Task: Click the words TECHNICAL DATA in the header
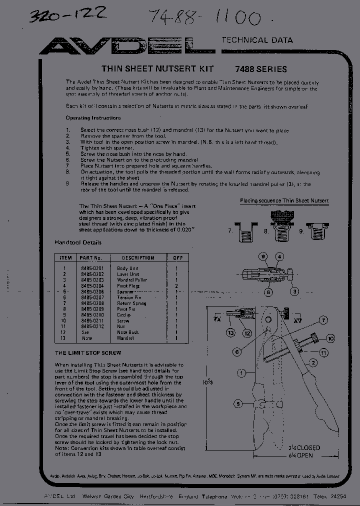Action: pos(257,40)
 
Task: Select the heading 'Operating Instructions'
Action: pos(93,118)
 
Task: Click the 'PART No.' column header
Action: pos(90,258)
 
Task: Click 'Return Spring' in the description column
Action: pos(131,303)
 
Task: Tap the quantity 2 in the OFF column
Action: pos(177,286)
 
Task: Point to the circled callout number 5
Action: pos(238,403)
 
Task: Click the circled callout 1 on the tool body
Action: pos(241,372)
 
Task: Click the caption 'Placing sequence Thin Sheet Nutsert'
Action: pos(284,200)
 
